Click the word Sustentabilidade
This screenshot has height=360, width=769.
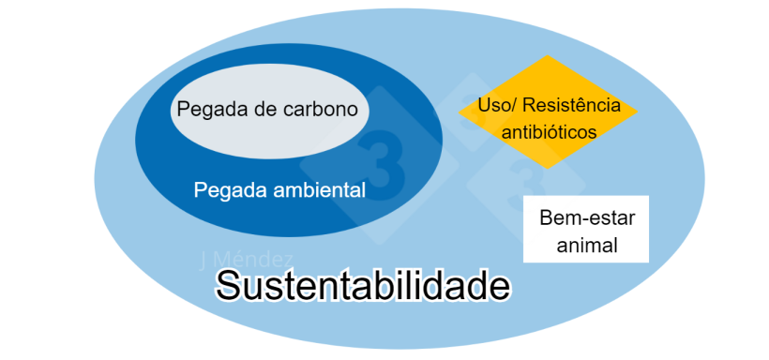coord(364,285)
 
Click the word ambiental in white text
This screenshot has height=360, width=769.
coord(319,189)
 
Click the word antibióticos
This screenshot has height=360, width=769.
coord(549,131)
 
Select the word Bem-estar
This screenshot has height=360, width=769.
coord(587,218)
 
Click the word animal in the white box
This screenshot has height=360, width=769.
coord(586,246)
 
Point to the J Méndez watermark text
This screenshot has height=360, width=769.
coord(247,259)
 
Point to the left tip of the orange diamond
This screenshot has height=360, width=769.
coord(460,113)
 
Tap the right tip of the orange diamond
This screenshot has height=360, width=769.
coord(638,113)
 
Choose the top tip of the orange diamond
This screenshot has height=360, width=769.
coord(549,57)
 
